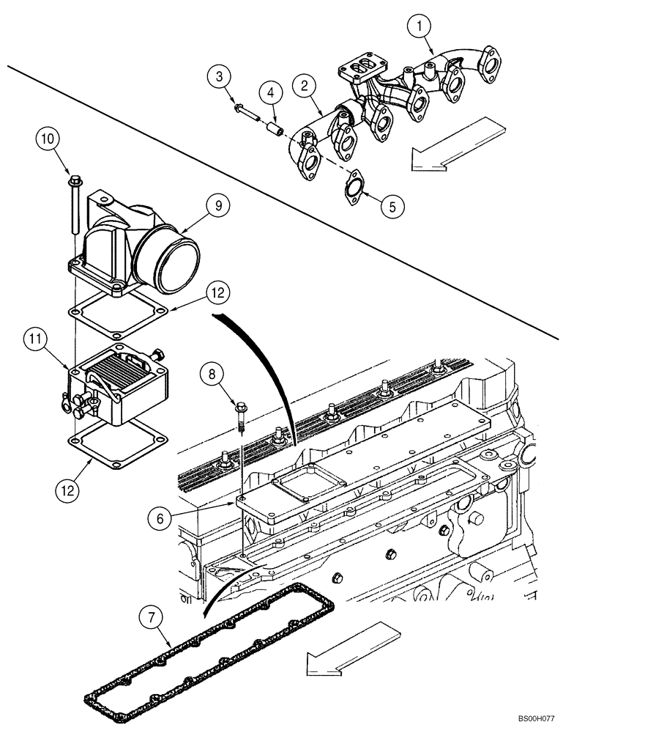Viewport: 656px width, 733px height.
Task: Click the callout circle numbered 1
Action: pos(420,27)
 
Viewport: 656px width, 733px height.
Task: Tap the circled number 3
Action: pos(220,75)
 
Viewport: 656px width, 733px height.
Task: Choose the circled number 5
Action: pos(392,207)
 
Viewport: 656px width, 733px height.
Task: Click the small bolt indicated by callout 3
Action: pos(246,112)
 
